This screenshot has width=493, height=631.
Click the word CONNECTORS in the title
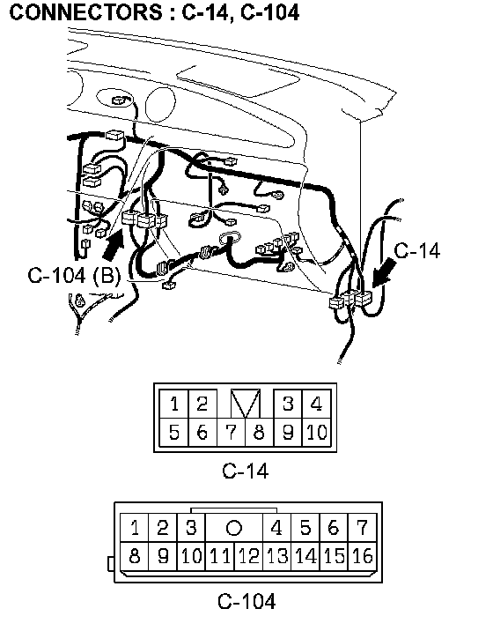click(85, 12)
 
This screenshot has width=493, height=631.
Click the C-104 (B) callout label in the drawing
click(75, 276)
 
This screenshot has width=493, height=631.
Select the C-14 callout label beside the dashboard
click(417, 250)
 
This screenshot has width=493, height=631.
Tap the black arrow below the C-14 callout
click(383, 273)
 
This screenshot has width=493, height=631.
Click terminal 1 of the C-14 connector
click(173, 404)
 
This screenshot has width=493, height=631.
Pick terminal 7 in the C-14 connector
click(231, 432)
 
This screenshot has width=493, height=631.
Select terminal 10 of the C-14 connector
click(316, 432)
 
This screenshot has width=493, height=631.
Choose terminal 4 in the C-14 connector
click(316, 404)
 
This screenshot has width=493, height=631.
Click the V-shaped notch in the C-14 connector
click(246, 404)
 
